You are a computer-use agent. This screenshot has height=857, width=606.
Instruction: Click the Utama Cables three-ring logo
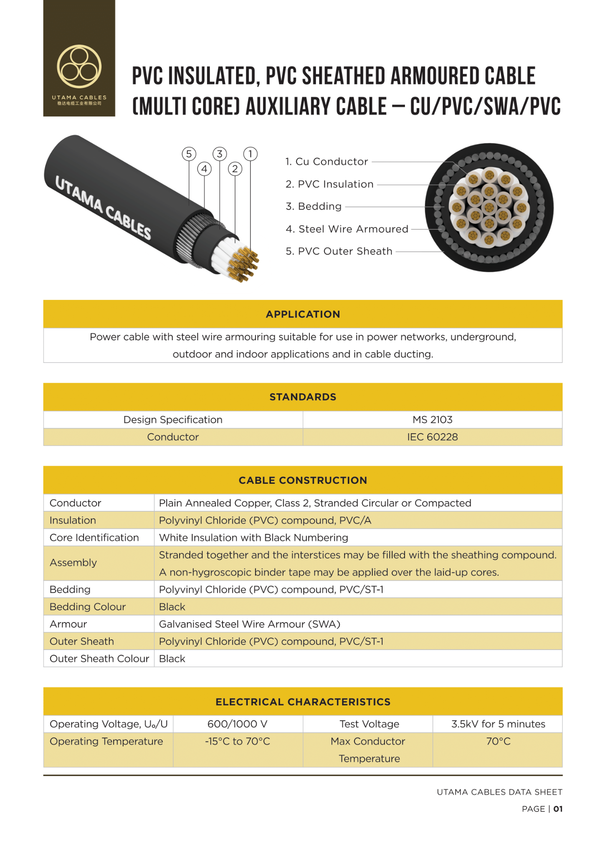tap(79, 67)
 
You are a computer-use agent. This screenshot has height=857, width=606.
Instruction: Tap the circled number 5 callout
tap(189, 154)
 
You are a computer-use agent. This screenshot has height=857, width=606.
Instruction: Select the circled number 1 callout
tap(250, 154)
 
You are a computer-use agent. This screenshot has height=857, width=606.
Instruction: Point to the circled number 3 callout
tap(220, 154)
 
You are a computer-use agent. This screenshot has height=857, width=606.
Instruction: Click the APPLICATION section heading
tap(303, 314)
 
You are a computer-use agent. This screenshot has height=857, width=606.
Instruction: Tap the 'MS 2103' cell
tap(432, 420)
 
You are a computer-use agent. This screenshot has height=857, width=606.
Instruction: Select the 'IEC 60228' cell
tap(432, 437)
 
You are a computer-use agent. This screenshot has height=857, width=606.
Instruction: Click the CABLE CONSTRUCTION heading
tap(303, 480)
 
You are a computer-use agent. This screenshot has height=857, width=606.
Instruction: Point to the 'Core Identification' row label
tap(94, 538)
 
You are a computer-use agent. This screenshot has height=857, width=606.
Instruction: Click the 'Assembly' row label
tap(73, 563)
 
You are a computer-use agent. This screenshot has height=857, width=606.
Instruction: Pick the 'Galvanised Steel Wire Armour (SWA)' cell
tap(249, 624)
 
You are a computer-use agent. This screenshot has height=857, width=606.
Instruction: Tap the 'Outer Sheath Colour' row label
tap(99, 659)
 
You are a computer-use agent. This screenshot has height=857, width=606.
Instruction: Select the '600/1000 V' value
tap(237, 724)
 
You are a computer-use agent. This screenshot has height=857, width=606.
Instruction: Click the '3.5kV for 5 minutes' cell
tap(498, 724)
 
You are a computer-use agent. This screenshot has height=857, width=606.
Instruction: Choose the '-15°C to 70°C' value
tap(237, 742)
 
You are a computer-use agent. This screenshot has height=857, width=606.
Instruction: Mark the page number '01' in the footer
tap(558, 809)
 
